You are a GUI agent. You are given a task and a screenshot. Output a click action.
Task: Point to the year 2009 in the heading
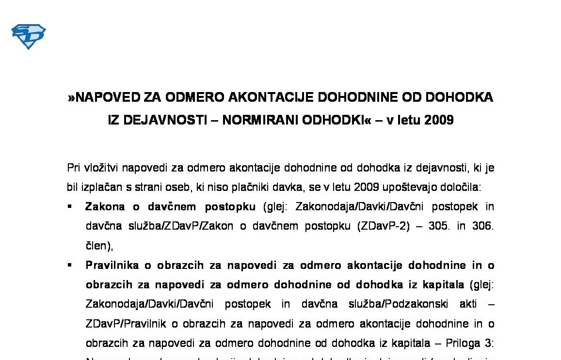pyautogui.click(x=439, y=120)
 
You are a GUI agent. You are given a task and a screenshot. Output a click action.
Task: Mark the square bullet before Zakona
pyautogui.click(x=70, y=206)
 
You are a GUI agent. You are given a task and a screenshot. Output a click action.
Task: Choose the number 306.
pyautogui.click(x=482, y=226)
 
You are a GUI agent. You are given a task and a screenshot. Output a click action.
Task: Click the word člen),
pyautogui.click(x=99, y=246)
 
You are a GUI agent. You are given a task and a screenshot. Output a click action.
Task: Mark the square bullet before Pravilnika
pyautogui.click(x=70, y=265)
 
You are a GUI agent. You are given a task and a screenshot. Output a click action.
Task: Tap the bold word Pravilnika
pyautogui.click(x=114, y=266)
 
